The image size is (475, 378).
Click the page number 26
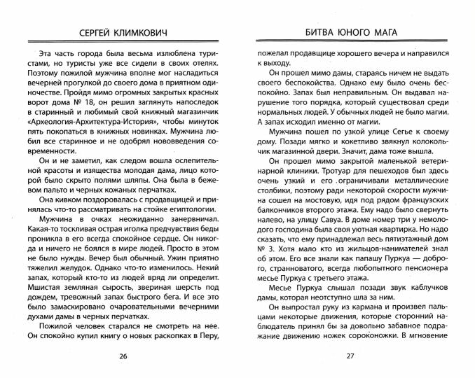pos(123,357)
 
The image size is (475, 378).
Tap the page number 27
pos(352,357)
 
